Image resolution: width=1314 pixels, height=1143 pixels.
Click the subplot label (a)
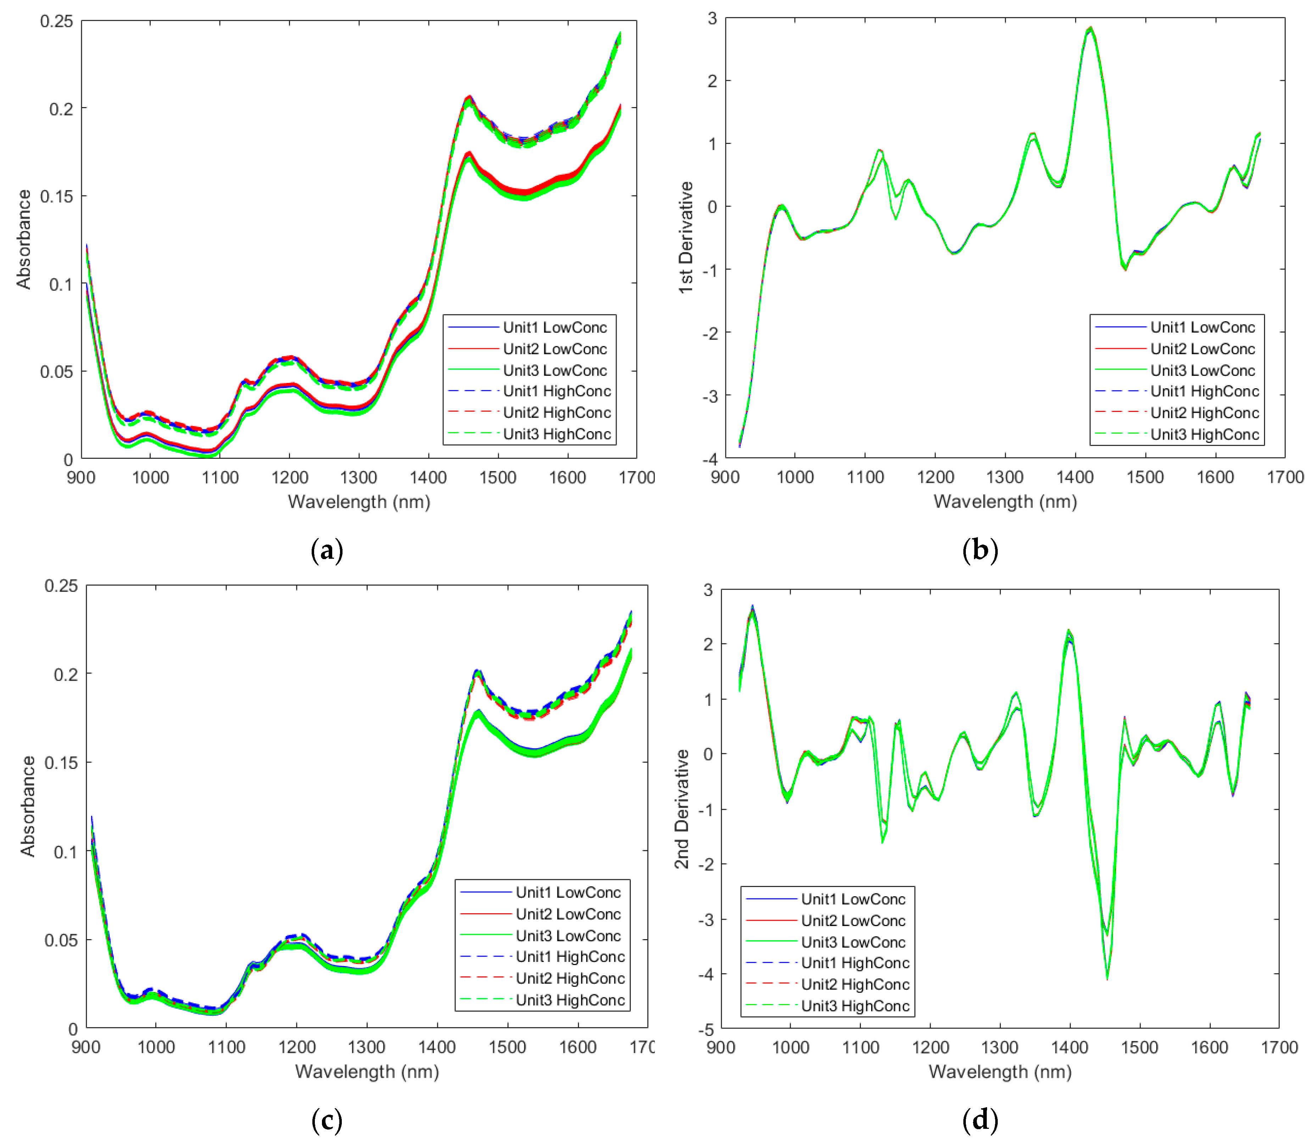[327, 550]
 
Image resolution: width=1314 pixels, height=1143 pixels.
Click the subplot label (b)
[980, 550]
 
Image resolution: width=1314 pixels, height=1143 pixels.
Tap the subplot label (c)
[327, 1119]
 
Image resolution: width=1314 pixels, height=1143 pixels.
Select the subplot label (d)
[980, 1119]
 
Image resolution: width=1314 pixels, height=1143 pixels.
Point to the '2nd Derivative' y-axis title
[682, 809]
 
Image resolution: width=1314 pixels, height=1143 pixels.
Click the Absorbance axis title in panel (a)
[24, 239]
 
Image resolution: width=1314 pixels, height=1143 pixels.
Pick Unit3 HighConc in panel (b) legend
[1204, 434]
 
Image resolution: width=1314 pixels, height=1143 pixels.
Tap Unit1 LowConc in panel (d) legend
[853, 899]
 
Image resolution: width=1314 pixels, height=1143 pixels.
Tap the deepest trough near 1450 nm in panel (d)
[1107, 979]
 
